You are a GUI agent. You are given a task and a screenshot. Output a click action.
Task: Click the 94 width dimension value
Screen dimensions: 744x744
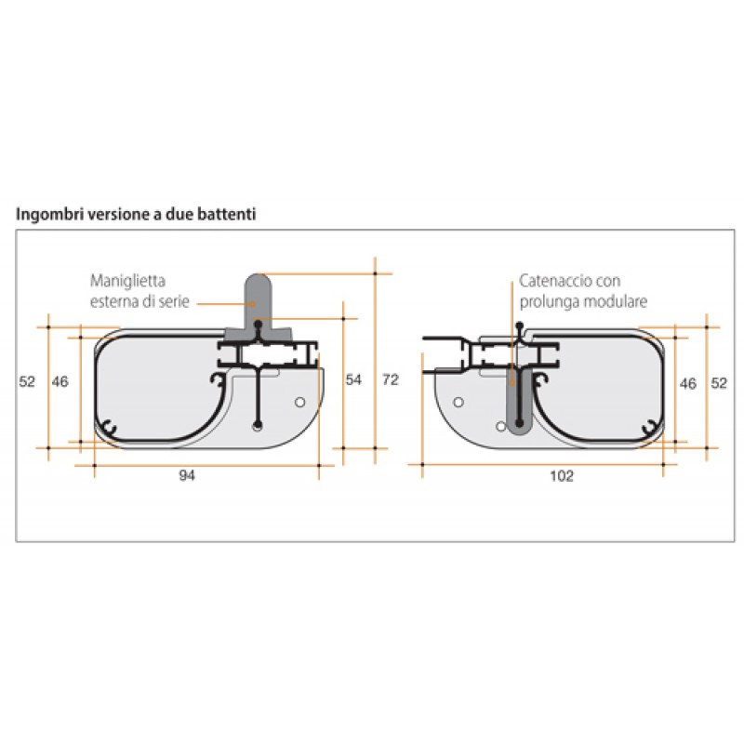coord(189,475)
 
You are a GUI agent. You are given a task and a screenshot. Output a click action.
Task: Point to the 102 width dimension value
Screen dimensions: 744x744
coord(561,475)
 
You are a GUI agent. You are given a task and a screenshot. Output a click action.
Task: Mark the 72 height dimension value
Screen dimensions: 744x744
coord(391,379)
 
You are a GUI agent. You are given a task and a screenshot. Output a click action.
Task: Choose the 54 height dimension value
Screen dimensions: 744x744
coord(353,379)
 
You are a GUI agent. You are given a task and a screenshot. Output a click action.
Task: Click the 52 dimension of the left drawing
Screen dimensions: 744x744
coord(27,382)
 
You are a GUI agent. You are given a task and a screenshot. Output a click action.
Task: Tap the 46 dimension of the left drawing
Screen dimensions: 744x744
coord(60,382)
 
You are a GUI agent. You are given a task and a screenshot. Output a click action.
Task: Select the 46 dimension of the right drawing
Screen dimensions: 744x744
coord(688,382)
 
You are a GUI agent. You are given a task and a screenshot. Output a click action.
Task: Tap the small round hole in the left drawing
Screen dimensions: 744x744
coord(299,402)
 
